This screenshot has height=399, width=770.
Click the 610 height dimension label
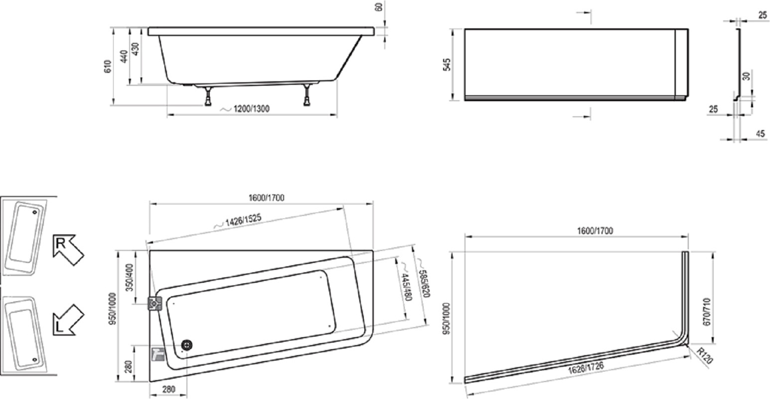108,66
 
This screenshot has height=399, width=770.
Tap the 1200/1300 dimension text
251,109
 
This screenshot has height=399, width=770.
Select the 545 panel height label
446,65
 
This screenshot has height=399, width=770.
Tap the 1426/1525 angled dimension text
243,220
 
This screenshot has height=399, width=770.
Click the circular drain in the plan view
186,345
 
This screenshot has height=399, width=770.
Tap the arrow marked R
68,249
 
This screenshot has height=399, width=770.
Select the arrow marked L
68,320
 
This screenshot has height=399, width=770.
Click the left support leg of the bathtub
208,96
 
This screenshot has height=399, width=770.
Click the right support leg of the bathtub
307,95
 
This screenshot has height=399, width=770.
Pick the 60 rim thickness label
379,6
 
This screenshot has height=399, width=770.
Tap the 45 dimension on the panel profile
761,134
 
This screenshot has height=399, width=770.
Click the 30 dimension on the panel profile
746,76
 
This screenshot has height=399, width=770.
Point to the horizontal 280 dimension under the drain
168,389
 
